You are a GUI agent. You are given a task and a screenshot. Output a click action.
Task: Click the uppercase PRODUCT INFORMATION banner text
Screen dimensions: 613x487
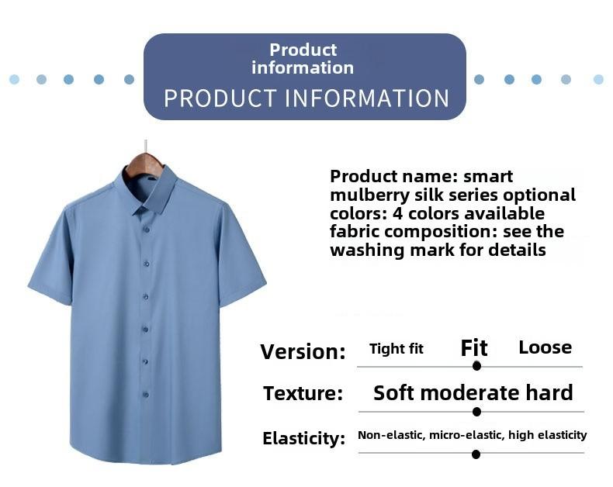(x=306, y=98)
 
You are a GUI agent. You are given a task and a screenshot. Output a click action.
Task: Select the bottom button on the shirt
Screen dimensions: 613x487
(x=145, y=395)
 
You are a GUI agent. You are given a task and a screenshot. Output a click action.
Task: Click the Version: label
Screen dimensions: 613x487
(x=303, y=351)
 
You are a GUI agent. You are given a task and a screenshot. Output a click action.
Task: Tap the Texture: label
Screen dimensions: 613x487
(x=303, y=393)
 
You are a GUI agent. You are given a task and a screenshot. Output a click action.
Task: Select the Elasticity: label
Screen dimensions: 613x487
(x=303, y=438)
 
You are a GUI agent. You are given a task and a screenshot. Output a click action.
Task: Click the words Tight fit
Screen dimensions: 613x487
(x=397, y=349)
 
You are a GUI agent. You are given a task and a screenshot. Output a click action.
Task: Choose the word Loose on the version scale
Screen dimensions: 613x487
(x=545, y=347)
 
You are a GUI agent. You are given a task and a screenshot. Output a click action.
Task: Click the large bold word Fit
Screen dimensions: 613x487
(x=474, y=348)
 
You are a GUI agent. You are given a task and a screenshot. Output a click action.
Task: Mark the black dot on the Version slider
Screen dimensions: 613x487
(x=476, y=366)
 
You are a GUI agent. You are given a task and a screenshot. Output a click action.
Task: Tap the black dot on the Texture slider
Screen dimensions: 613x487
(x=476, y=412)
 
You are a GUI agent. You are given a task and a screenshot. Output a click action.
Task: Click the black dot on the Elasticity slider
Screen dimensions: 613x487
(x=476, y=454)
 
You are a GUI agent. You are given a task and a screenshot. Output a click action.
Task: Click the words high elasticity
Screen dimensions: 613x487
(x=547, y=435)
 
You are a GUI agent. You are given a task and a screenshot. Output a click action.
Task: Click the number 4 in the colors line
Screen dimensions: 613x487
(x=397, y=213)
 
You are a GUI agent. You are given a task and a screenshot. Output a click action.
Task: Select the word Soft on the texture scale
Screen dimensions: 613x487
(x=394, y=392)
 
